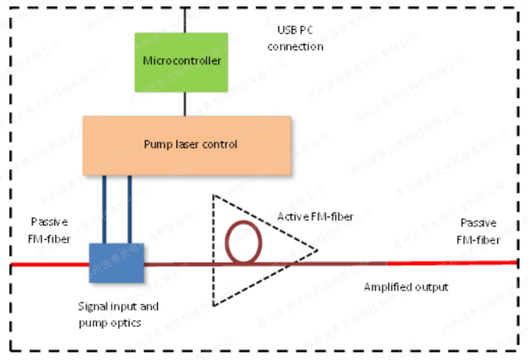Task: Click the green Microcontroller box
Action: tap(181, 62)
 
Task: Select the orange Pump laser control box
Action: tap(187, 146)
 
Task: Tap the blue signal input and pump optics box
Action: tap(117, 262)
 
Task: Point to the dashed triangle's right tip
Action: tap(317, 250)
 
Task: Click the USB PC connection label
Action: tap(296, 39)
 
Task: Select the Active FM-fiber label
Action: tap(316, 217)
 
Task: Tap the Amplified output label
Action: tap(406, 287)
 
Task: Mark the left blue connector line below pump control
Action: tap(104, 210)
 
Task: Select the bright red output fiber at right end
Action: tap(451, 263)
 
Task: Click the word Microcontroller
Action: tap(182, 61)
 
